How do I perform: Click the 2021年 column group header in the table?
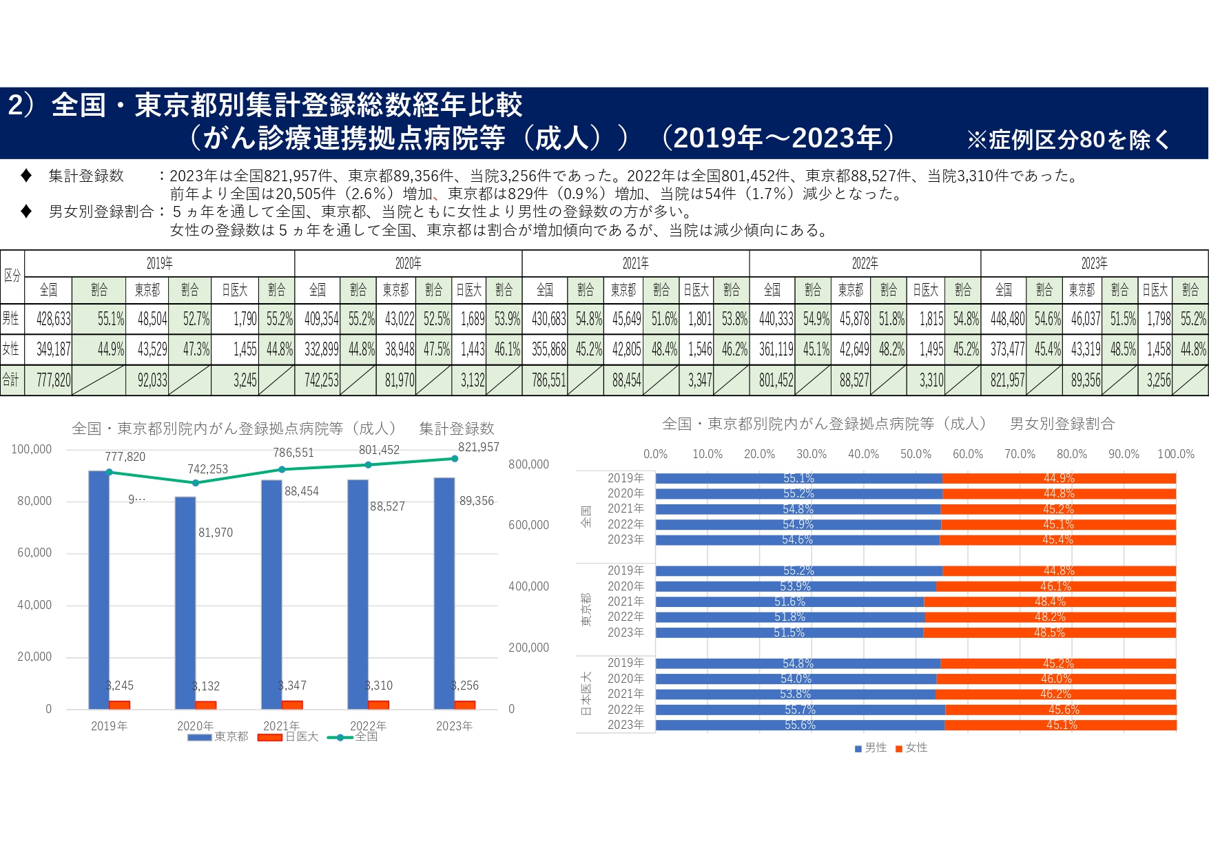click(x=635, y=263)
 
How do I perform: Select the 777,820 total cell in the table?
click(x=53, y=380)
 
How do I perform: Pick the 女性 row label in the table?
click(x=11, y=349)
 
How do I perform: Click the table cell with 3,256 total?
click(x=1158, y=380)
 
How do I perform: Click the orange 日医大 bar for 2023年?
click(x=465, y=705)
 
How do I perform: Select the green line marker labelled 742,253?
click(x=196, y=483)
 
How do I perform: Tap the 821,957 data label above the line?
click(x=478, y=447)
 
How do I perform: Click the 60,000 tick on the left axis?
click(x=34, y=553)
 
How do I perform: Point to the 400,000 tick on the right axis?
click(x=528, y=586)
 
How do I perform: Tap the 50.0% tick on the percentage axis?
click(x=916, y=454)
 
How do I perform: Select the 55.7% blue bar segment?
click(x=800, y=710)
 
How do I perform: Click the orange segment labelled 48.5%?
click(x=1049, y=632)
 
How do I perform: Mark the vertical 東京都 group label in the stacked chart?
click(x=586, y=609)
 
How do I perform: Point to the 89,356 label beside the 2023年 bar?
click(x=477, y=501)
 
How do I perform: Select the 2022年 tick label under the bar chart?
click(x=368, y=725)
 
